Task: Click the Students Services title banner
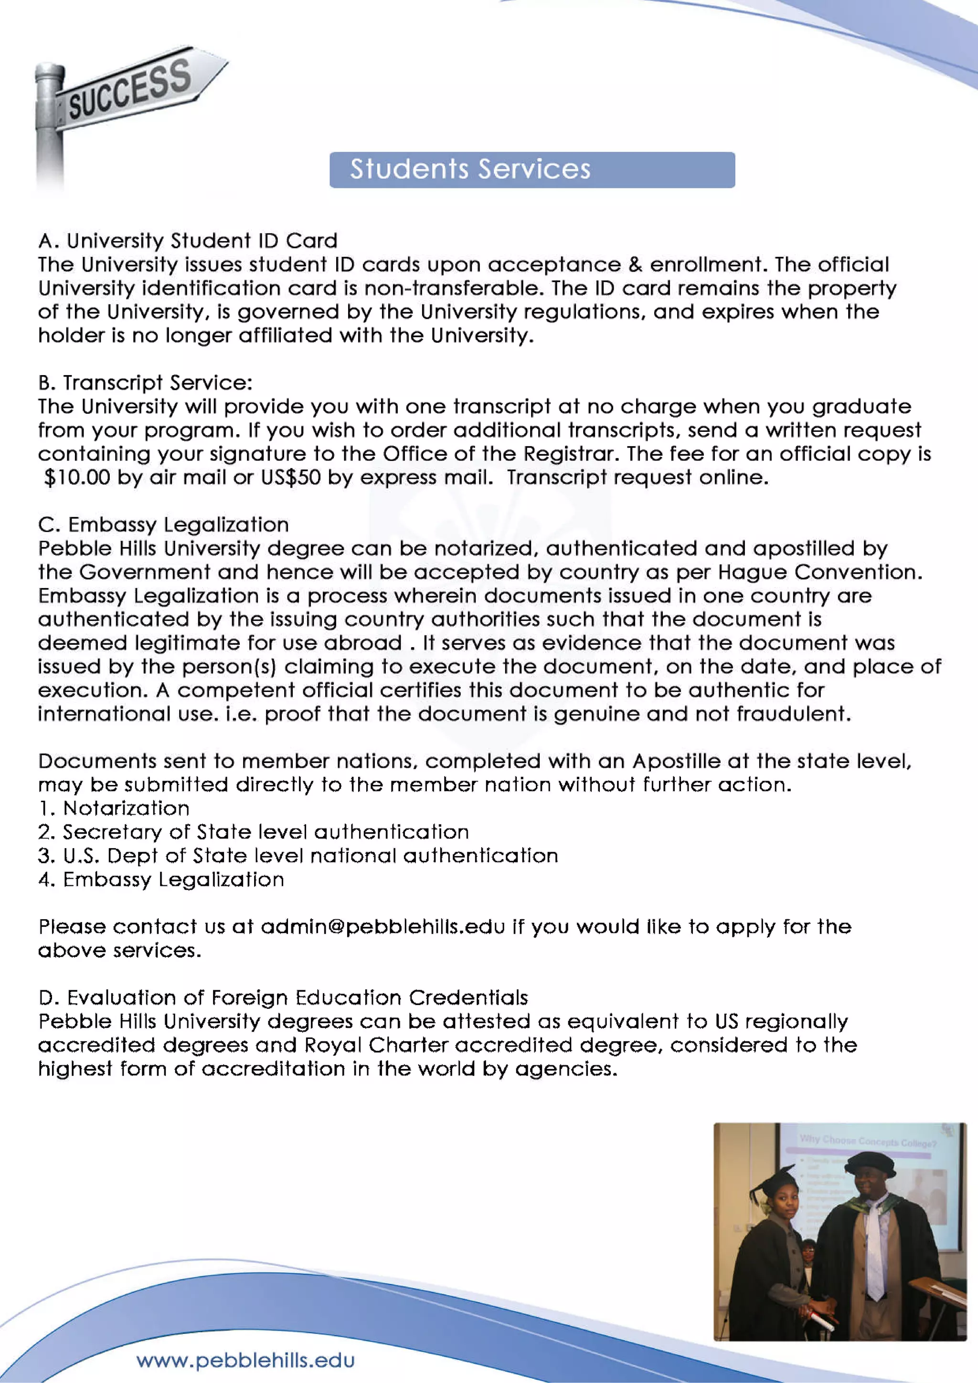coord(532,170)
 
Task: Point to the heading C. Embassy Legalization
coord(163,524)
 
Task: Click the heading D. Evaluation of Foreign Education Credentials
coord(283,998)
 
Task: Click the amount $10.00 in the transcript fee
coord(77,478)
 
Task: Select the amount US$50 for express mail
coord(290,478)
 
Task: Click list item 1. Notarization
coord(114,808)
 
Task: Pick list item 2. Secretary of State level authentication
coord(253,832)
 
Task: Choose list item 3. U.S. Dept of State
coord(298,856)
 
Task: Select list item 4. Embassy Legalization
coord(161,880)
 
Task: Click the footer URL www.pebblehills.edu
coord(245,1360)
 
